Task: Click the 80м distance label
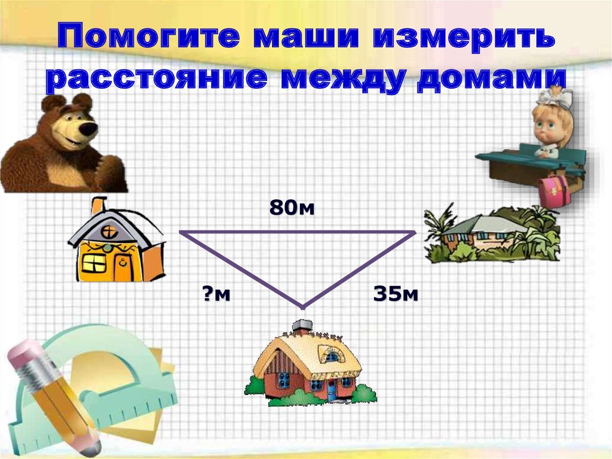(291, 208)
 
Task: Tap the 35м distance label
(395, 294)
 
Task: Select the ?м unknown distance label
(215, 294)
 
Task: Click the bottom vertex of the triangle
(303, 306)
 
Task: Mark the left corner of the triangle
(181, 232)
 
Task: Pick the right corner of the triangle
(413, 232)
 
